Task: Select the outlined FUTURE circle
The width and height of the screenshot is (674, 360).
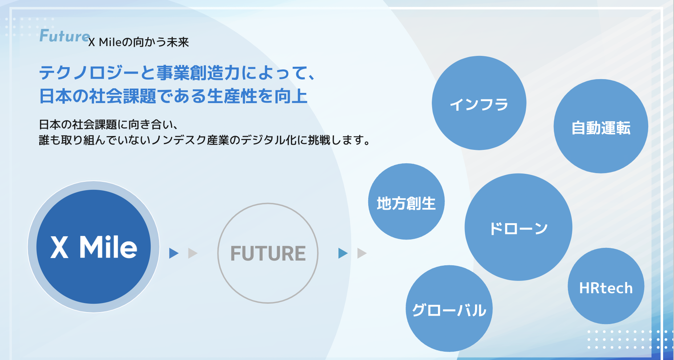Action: (268, 253)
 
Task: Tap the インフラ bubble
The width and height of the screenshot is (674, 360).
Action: (479, 103)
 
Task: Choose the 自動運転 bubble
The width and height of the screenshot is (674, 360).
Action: (601, 126)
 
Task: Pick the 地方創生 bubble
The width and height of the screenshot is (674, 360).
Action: (406, 202)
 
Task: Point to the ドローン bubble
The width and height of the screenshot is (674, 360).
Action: (518, 227)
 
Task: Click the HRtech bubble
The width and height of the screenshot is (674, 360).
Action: (606, 286)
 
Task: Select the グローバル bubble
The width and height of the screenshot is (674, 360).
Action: (449, 309)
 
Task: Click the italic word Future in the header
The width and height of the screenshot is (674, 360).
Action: (64, 36)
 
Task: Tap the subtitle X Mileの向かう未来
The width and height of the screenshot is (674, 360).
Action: (138, 42)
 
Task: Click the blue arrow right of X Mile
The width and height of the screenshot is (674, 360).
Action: (174, 253)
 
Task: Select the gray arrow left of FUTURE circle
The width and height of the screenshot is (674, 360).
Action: (193, 253)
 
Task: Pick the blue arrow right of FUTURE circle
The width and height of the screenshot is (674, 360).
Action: (343, 253)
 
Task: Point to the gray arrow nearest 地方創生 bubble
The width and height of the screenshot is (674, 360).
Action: (362, 253)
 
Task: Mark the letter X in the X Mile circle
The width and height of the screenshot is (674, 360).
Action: (59, 247)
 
